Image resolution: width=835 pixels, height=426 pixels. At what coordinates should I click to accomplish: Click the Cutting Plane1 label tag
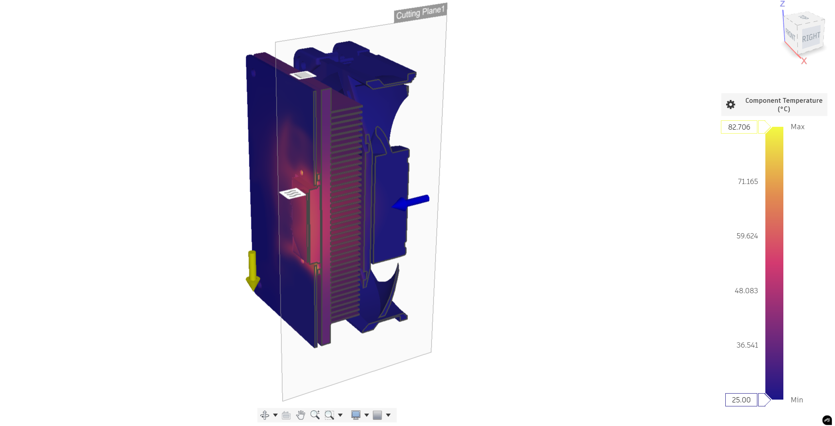click(420, 12)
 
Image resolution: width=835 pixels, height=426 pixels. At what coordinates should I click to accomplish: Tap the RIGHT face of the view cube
click(811, 37)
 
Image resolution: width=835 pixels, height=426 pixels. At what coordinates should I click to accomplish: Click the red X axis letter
click(804, 61)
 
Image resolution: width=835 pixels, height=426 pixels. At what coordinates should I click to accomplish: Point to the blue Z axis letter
click(783, 4)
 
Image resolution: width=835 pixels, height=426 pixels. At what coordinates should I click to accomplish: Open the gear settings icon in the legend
click(731, 104)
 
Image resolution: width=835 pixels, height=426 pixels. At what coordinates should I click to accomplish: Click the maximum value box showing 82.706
click(739, 127)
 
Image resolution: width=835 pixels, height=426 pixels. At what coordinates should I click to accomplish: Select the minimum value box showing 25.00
click(741, 400)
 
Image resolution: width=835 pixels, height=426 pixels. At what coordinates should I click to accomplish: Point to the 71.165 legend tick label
click(748, 182)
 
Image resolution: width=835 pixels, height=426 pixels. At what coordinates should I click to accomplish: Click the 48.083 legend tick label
click(746, 291)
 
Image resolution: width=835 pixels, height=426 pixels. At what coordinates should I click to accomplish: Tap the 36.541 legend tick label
click(747, 345)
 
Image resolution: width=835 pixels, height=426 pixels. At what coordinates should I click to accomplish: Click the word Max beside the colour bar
click(797, 127)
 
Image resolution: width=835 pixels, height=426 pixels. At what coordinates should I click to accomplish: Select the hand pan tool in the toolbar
click(301, 415)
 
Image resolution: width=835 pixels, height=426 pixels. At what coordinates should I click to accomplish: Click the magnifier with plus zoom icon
click(315, 415)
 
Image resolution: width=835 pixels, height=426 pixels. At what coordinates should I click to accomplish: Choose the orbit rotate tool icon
click(265, 415)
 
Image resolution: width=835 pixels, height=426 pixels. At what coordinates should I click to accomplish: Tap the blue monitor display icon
click(355, 415)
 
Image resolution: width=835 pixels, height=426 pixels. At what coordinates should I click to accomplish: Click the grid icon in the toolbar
click(377, 415)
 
